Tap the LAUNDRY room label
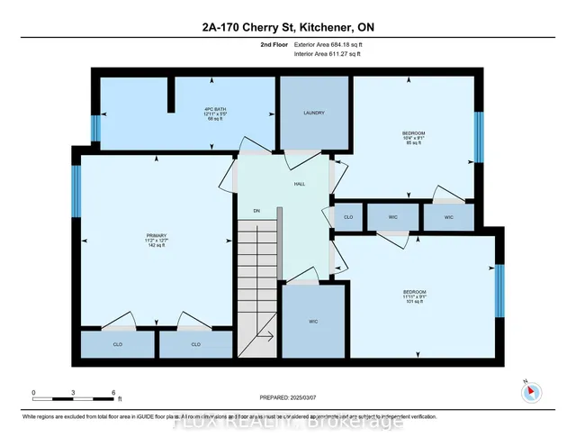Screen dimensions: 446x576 313,113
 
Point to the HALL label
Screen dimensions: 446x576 300,183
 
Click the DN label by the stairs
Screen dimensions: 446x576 256,211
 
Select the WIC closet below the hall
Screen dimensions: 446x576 313,322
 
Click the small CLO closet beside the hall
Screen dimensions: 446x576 348,217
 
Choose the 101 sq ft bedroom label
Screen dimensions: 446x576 414,296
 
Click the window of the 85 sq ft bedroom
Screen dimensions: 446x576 480,136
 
